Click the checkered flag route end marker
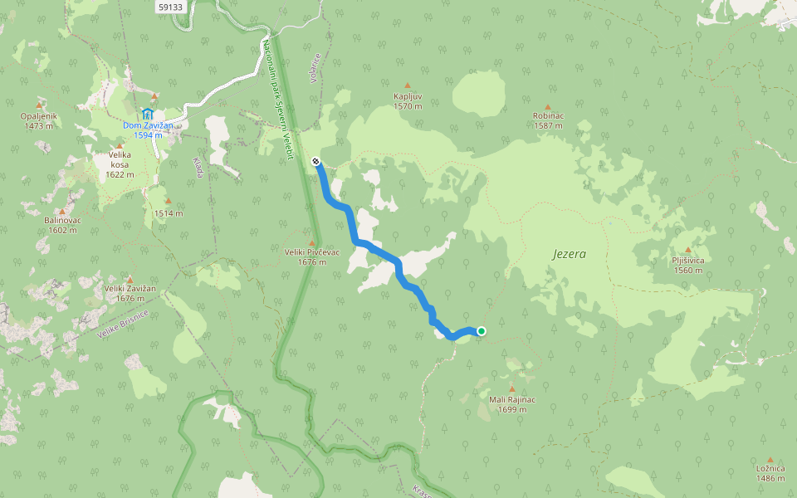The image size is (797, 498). (x=315, y=161)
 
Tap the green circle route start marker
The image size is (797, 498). (x=481, y=331)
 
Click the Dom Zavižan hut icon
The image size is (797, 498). (x=148, y=113)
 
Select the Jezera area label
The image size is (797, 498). (x=569, y=254)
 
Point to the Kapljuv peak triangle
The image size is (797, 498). (x=408, y=85)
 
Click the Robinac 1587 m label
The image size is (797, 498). (x=548, y=120)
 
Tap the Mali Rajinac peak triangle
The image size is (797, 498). (x=511, y=388)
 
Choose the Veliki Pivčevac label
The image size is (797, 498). (x=311, y=256)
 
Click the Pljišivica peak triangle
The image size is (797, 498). (x=687, y=248)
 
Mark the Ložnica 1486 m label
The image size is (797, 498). (x=770, y=473)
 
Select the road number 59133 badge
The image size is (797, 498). (x=170, y=7)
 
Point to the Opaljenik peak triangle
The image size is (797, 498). (x=39, y=105)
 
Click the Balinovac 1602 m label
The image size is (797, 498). (x=61, y=225)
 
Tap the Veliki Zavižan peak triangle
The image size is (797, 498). (x=130, y=279)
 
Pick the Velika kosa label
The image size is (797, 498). (x=120, y=164)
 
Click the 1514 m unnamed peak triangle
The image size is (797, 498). (x=168, y=201)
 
